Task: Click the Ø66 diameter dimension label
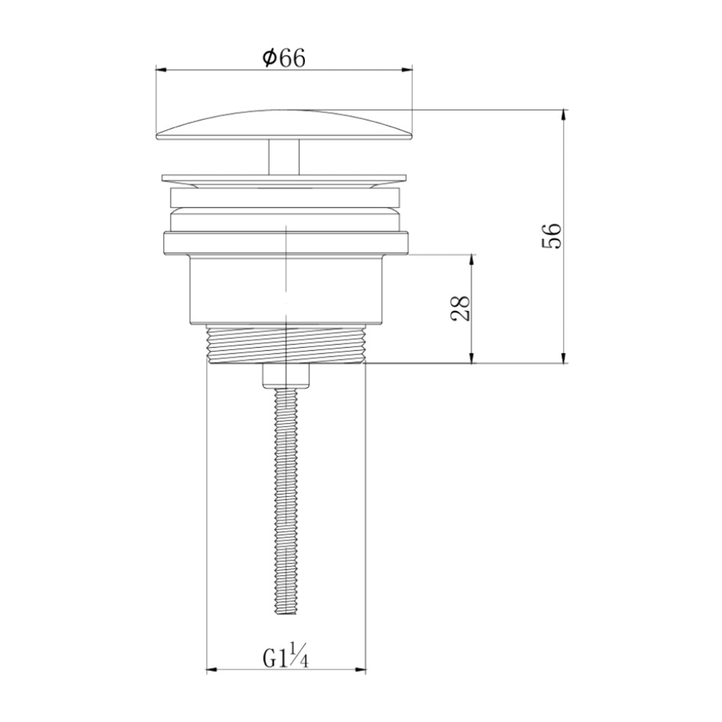(283, 58)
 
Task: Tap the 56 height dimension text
(551, 236)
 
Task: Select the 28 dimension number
(460, 309)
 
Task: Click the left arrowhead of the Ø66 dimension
(161, 70)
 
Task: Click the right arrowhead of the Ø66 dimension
(407, 70)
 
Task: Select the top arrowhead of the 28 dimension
(472, 261)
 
